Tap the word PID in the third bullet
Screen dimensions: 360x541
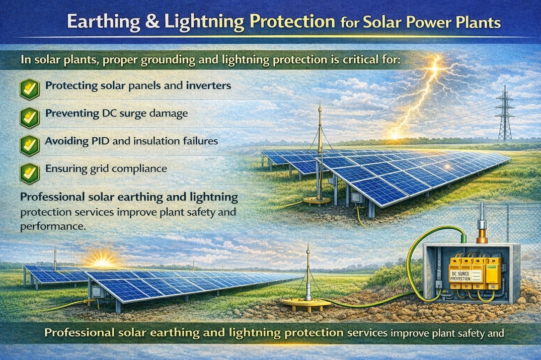coord(96,141)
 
